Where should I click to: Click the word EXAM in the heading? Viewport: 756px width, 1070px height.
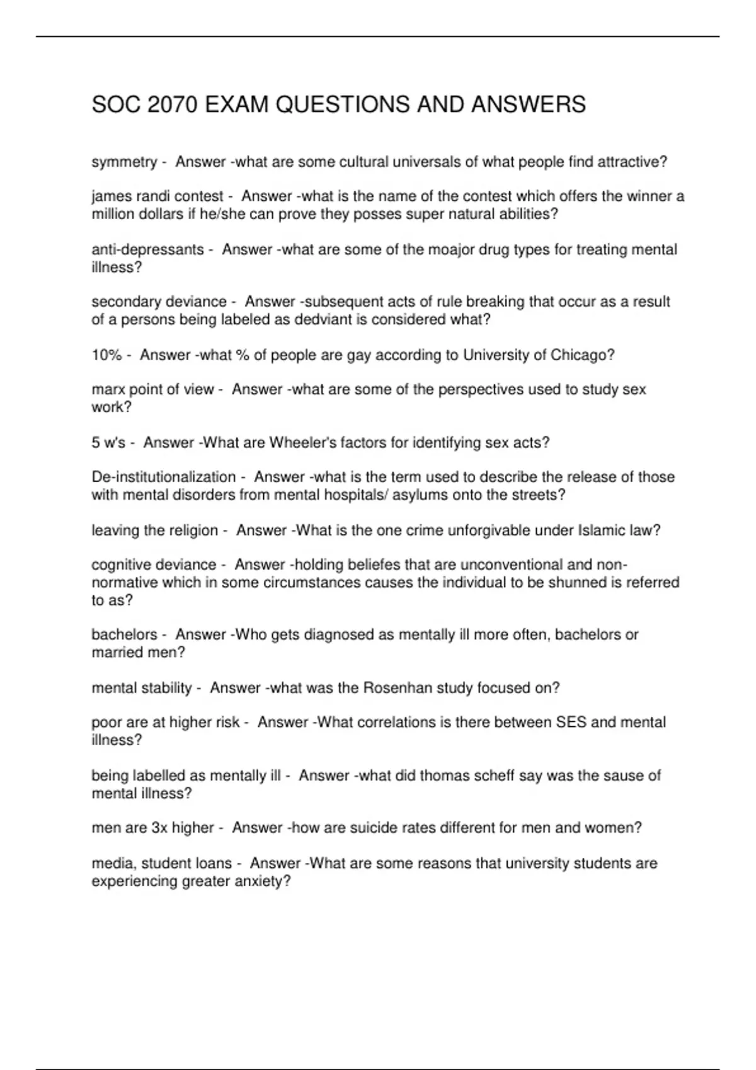(x=237, y=104)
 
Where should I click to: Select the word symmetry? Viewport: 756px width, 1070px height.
(x=124, y=162)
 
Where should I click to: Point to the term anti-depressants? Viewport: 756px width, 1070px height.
(x=147, y=250)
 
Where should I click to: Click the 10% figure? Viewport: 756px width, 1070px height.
(x=106, y=355)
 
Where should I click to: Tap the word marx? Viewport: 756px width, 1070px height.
(x=108, y=390)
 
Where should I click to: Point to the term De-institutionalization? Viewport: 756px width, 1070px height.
(x=163, y=477)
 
